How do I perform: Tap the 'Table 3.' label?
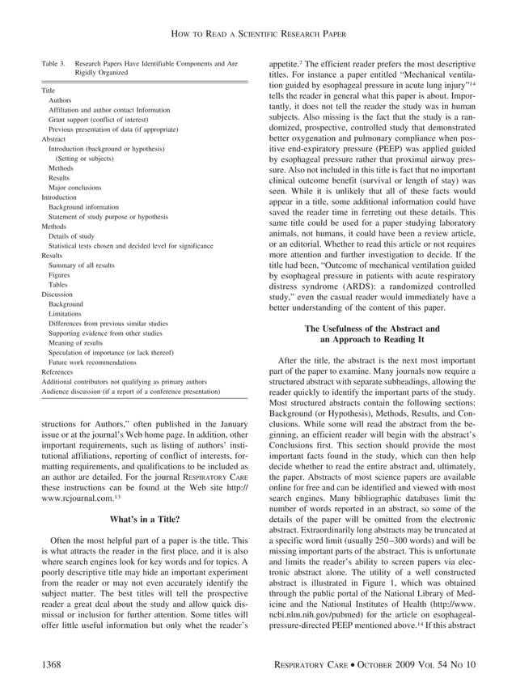pos(55,62)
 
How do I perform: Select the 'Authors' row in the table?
pos(59,100)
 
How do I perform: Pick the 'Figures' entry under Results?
pos(59,275)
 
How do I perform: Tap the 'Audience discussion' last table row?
pos(130,391)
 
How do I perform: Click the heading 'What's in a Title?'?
pos(144,518)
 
